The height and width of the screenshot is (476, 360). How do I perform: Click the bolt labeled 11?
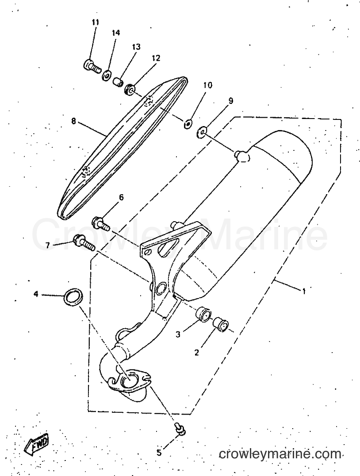[92, 66]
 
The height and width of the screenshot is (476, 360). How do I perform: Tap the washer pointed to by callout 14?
[106, 75]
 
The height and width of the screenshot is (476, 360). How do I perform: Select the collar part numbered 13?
[118, 82]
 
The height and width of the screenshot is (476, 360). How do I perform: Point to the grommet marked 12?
[129, 89]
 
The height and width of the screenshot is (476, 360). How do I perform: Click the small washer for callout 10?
[188, 123]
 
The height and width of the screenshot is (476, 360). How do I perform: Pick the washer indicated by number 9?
[202, 131]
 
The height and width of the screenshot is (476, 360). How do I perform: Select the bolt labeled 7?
[84, 242]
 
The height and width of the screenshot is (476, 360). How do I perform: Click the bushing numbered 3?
[203, 314]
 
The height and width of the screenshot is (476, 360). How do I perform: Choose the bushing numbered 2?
[221, 323]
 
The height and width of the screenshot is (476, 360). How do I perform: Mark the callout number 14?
[115, 33]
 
